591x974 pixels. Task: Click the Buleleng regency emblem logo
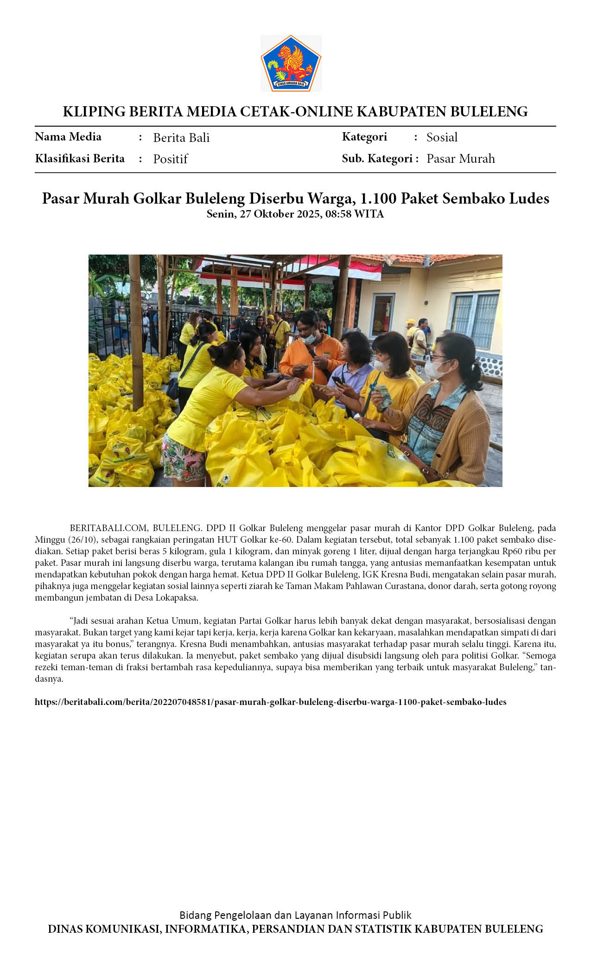(x=291, y=63)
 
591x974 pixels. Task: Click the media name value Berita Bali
(x=181, y=138)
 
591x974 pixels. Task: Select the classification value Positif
(x=170, y=159)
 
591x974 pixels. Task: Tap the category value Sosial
(x=442, y=137)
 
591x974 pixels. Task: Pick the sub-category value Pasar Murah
(x=460, y=159)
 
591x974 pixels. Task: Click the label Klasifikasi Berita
(x=80, y=159)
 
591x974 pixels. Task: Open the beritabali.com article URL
(x=270, y=702)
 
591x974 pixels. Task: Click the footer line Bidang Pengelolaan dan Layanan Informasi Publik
(x=295, y=915)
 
